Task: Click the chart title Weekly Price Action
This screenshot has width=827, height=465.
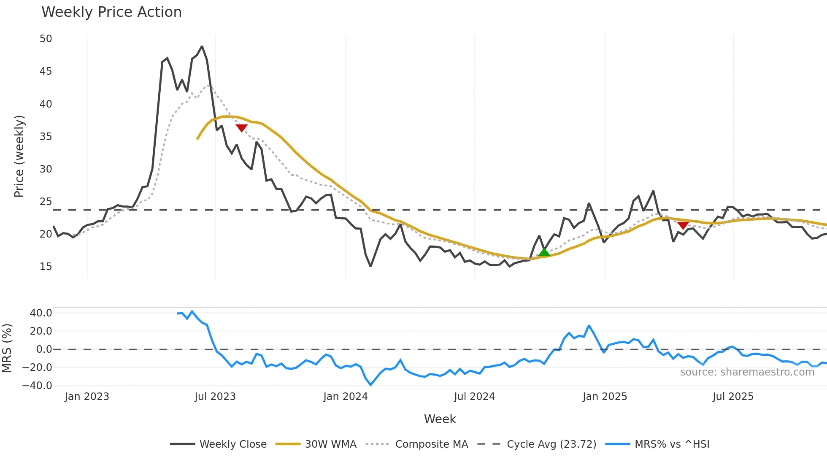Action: [x=111, y=12]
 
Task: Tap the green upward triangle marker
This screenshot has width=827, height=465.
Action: [x=544, y=252]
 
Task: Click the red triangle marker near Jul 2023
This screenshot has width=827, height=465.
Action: [x=241, y=128]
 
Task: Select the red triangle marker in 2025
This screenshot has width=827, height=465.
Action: [x=683, y=225]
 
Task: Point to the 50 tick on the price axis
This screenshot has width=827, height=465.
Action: [x=46, y=39]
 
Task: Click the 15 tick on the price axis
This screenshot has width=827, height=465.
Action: [x=46, y=267]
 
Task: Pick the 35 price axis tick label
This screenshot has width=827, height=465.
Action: [x=46, y=137]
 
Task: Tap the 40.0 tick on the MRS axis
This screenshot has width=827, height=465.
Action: [x=41, y=313]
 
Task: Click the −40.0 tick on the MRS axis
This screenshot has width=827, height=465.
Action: [x=37, y=386]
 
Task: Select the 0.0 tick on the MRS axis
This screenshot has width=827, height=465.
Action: [x=44, y=349]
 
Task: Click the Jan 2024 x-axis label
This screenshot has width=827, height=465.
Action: [x=346, y=397]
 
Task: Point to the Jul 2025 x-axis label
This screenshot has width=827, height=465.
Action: [x=733, y=397]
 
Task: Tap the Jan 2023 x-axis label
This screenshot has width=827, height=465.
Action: [x=87, y=397]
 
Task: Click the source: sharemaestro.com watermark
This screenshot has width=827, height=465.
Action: [x=747, y=372]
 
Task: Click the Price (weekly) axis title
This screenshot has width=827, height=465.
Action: [x=19, y=156]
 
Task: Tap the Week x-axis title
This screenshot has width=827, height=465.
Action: [x=440, y=419]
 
